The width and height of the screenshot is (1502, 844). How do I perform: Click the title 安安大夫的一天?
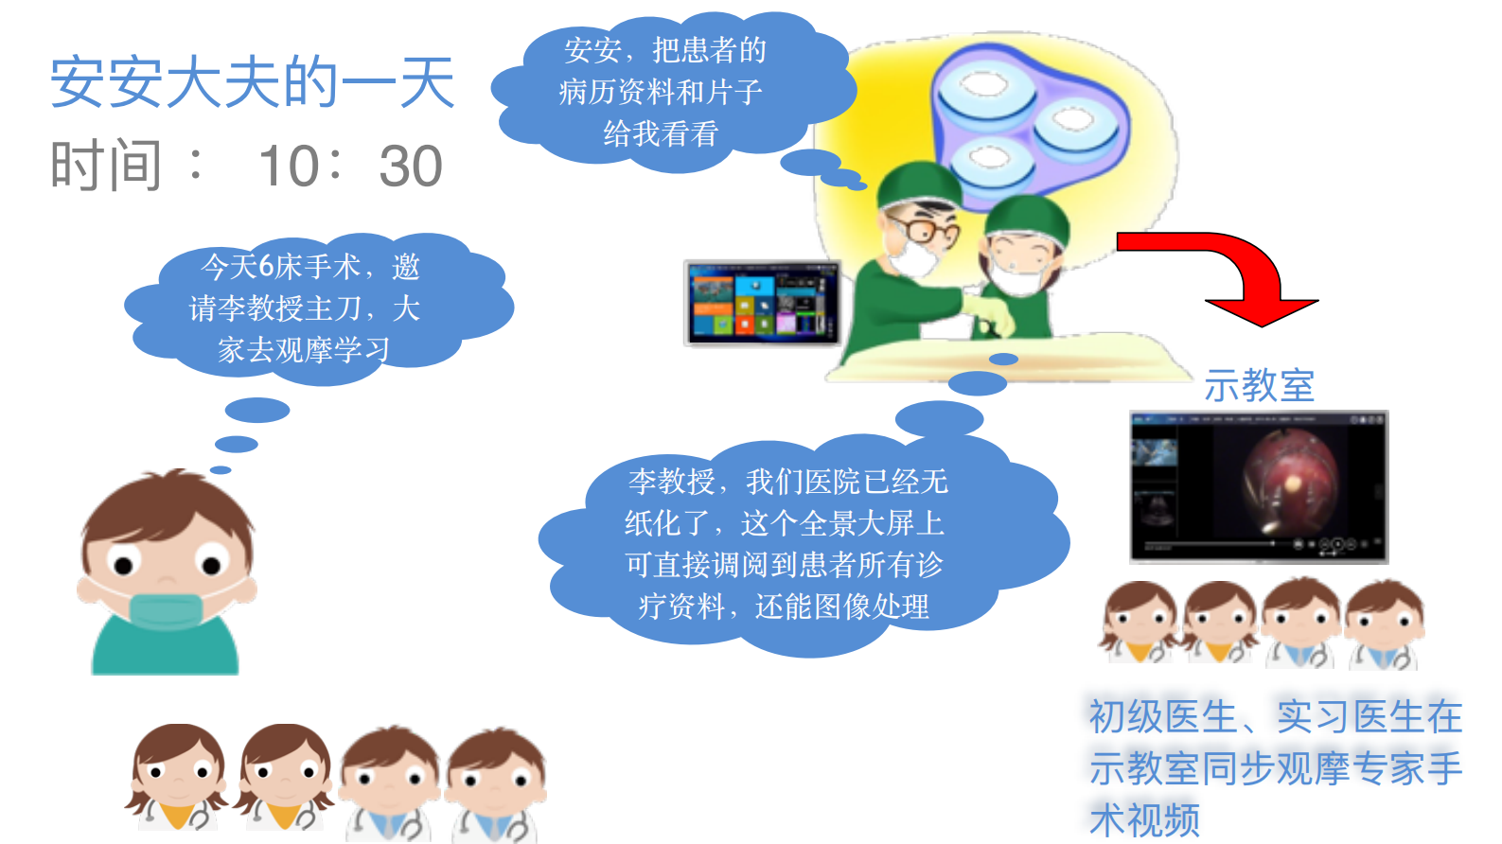click(253, 82)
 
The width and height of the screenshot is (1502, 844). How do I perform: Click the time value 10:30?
click(350, 167)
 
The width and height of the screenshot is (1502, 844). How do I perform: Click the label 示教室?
click(1259, 386)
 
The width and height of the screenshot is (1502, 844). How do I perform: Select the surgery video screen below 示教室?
click(1259, 486)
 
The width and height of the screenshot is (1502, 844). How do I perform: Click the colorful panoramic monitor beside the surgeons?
click(763, 302)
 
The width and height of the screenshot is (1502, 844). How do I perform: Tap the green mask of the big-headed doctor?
click(167, 610)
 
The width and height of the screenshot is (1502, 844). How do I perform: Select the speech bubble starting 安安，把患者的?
click(663, 92)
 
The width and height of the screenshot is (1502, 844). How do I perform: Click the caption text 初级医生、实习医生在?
click(1275, 717)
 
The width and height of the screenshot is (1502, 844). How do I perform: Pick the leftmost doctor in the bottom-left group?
click(178, 776)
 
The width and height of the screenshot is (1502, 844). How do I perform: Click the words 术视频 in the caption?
click(1145, 819)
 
